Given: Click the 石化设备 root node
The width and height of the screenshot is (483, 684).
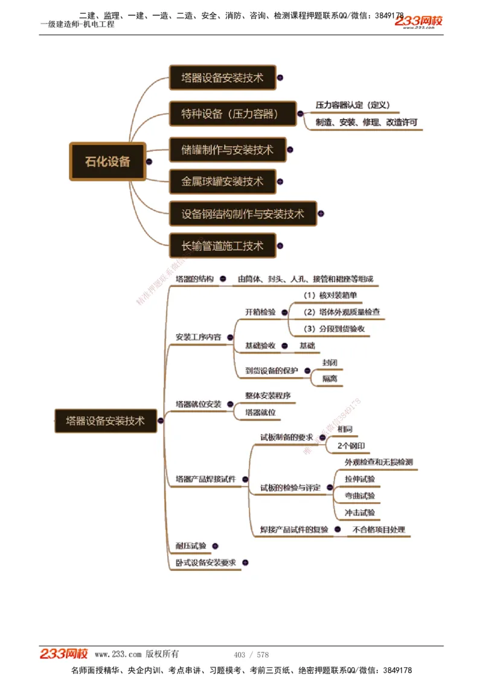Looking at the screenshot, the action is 107,161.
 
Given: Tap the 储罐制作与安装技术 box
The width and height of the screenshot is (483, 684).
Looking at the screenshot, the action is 227,150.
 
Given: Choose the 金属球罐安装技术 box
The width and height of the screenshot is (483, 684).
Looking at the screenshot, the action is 222,181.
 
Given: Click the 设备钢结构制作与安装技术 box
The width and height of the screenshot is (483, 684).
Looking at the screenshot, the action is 243,214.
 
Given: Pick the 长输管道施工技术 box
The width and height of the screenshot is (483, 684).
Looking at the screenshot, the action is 222,246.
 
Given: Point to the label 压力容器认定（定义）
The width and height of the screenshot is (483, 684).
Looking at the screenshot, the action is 353,105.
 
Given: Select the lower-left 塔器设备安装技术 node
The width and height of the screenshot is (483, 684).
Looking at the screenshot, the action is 106,421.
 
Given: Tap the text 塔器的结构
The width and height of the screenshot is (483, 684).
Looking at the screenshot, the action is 194,279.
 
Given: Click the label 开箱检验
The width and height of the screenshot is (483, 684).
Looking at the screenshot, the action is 260,312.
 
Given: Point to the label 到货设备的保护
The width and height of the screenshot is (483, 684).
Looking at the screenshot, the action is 272,370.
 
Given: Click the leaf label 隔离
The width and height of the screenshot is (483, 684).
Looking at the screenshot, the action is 330,379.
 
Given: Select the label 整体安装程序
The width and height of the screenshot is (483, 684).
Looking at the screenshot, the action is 267,396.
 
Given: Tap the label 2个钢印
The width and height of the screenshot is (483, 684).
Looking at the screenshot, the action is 351,446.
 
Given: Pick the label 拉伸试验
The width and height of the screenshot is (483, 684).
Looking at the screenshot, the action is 360,479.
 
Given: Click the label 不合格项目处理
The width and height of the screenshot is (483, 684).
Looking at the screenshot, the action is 379,530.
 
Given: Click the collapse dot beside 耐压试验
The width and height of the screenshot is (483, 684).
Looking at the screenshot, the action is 215,546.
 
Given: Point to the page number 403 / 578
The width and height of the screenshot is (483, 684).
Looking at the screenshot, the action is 251,654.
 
